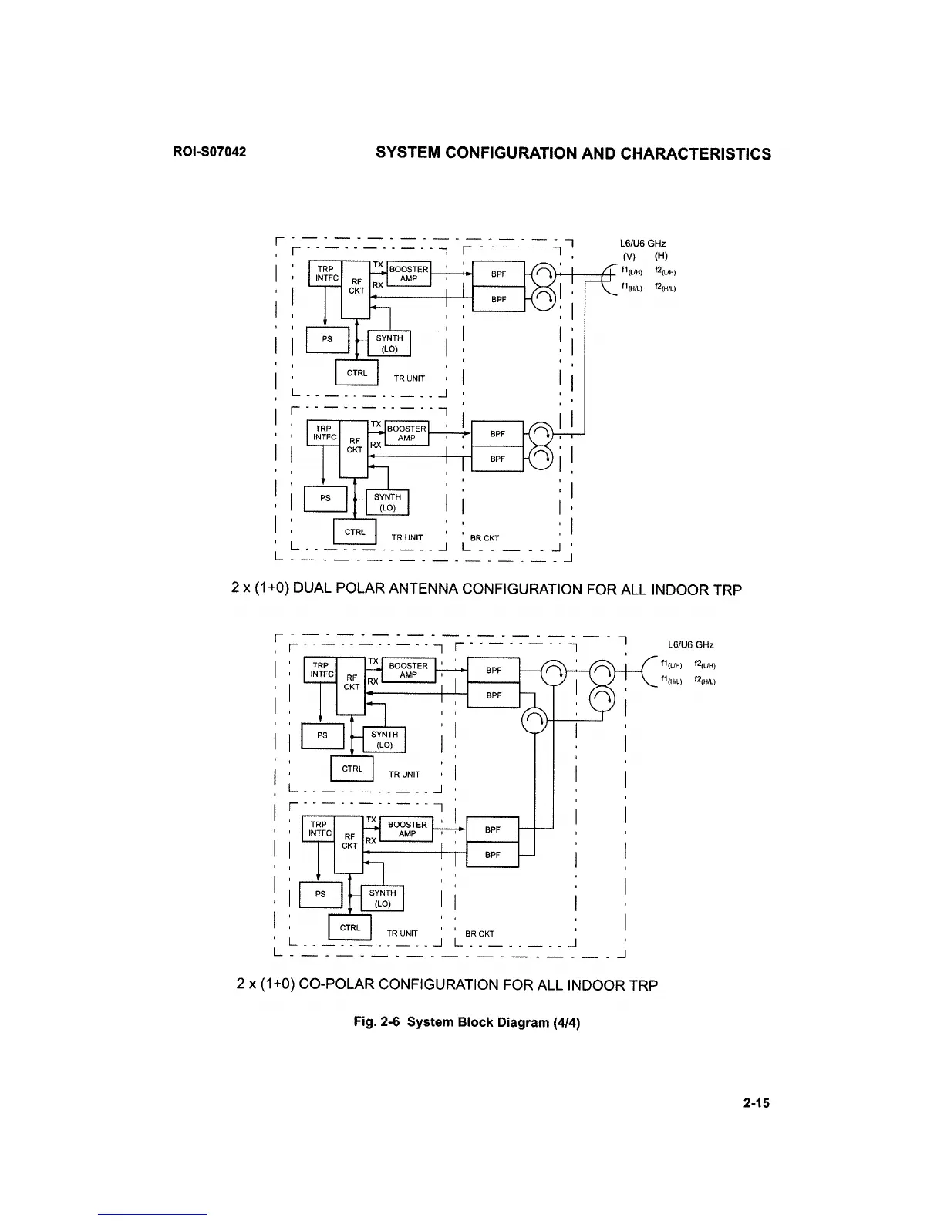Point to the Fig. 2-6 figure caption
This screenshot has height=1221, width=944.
pos(467,1022)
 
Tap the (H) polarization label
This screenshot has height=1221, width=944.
pos(661,257)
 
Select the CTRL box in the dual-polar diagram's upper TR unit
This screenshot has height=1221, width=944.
pos(356,372)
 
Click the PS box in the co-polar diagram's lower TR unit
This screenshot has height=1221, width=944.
pos(319,894)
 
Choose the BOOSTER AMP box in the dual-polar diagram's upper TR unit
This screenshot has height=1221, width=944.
pos(408,274)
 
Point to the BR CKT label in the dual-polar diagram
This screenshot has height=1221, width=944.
pos(484,537)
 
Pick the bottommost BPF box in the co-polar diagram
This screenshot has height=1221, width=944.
pos(493,855)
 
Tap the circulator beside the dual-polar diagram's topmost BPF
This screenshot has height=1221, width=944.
pos(544,275)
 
